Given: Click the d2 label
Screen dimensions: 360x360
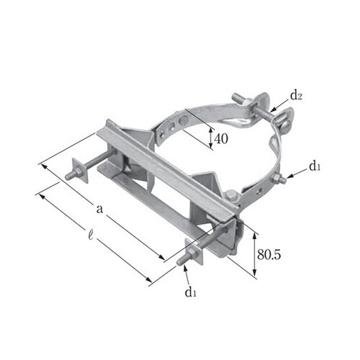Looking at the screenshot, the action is [296, 96].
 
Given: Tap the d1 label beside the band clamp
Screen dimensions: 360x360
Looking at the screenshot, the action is [315, 166].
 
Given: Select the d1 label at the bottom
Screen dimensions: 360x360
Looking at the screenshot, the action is [191, 292].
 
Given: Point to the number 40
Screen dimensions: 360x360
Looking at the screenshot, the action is [221, 139].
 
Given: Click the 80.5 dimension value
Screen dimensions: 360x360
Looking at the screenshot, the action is [269, 254].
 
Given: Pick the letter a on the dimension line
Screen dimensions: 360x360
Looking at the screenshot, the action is [99, 209].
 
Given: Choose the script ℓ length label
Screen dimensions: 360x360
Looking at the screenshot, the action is [91, 235].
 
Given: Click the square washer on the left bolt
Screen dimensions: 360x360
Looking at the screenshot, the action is [80, 170].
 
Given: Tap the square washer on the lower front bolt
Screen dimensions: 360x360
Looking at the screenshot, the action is [194, 252].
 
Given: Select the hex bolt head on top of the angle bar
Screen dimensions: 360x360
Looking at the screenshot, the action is [232, 195].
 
